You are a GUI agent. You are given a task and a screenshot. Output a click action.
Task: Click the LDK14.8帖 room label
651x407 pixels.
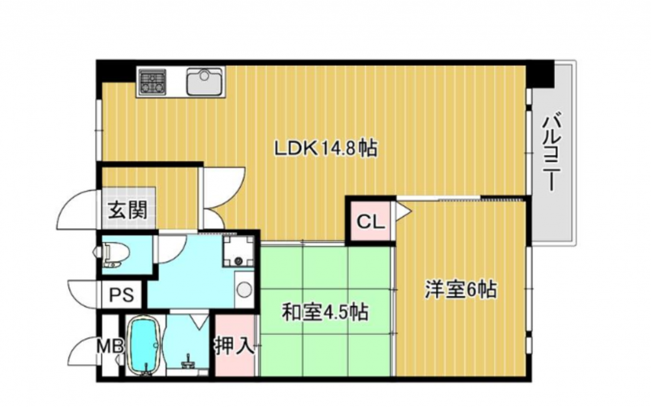coord(326,148)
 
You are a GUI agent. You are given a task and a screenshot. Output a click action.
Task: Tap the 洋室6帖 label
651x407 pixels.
coord(460,290)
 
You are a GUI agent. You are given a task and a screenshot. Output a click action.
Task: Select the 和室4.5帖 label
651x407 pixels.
coord(325,312)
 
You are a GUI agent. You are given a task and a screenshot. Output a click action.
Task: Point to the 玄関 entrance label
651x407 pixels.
coord(128,210)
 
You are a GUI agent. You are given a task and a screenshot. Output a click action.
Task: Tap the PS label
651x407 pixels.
coord(122,295)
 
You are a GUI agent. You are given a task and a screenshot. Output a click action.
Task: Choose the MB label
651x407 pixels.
coord(110,346)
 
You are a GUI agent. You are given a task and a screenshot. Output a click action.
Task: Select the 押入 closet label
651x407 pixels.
coord(234,346)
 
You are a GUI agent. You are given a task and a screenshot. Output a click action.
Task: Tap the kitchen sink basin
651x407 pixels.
coord(204,82)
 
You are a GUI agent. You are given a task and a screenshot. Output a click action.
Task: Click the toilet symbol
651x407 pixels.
coord(112,254)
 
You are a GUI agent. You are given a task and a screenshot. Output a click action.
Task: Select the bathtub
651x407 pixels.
coord(145,346)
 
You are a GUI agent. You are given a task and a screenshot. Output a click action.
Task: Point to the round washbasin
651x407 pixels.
coord(243,289)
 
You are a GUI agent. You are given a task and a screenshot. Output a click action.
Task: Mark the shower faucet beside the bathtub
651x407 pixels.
coord(188,361)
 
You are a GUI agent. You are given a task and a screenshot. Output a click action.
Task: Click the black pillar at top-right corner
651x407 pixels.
coord(540,74)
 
